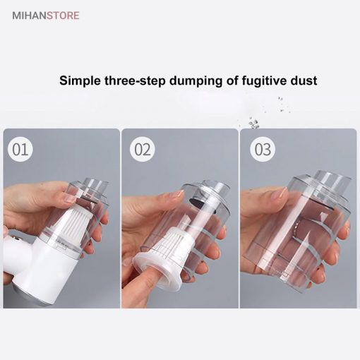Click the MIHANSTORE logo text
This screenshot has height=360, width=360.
46,16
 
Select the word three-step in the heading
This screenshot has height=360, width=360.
135,80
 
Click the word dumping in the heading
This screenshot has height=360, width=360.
196,80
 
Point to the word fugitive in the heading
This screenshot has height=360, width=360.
264,80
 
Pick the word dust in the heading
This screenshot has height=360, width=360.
304,80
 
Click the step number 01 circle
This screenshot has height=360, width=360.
20,149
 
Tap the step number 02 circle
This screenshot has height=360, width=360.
143,149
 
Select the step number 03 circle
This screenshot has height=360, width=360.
263,149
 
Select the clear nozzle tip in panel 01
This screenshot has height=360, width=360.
97,186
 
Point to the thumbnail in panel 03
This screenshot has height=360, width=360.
282,193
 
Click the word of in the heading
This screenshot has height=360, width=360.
232,80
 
